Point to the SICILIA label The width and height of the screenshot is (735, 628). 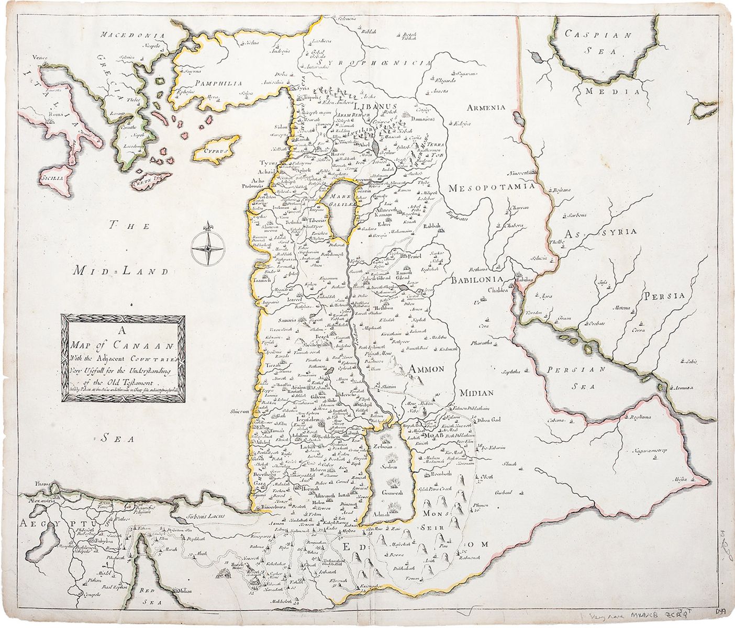pos(52,178)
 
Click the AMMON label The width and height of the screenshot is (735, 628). pos(427,369)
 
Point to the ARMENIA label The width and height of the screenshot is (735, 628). pos(486,108)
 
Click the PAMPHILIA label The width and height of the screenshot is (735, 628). pos(218,83)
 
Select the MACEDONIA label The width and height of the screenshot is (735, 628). pos(133,36)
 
